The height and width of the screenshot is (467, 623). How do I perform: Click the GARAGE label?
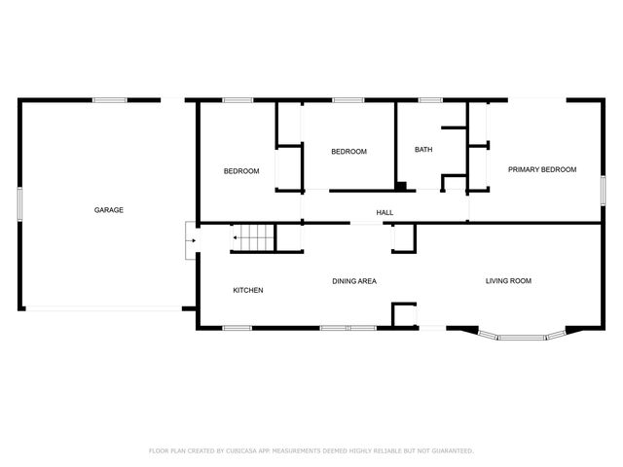click(x=108, y=210)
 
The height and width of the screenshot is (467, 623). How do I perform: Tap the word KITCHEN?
click(x=247, y=291)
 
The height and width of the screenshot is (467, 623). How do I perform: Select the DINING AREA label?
click(x=354, y=281)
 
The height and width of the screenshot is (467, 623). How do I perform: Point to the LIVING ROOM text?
click(x=508, y=281)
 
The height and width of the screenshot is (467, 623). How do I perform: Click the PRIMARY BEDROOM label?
click(x=542, y=169)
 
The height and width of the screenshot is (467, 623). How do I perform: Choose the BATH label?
click(x=423, y=150)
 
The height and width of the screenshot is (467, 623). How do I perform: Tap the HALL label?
click(x=385, y=212)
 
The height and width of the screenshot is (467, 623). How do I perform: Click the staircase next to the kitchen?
click(x=253, y=237)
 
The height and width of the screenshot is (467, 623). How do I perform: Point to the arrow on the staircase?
click(x=236, y=237)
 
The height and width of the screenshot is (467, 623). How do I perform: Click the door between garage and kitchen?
click(x=191, y=240)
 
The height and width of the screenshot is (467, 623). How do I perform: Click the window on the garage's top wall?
click(x=109, y=99)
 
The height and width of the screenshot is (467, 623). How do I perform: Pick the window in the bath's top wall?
click(x=429, y=99)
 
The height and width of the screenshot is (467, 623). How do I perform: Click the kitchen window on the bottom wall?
click(x=238, y=328)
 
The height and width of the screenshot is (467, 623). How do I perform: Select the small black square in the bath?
click(x=400, y=185)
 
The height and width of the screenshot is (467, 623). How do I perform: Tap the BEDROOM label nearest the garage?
click(x=241, y=171)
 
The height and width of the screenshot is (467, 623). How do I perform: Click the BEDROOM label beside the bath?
click(x=348, y=152)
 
